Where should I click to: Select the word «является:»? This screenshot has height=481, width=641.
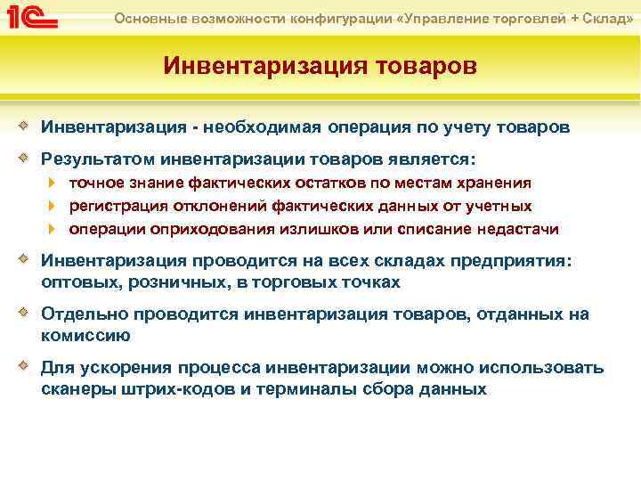[x=433, y=159]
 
